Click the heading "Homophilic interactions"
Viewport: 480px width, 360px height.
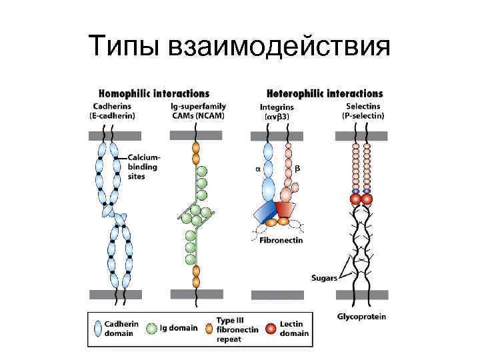pyautogui.click(x=155, y=94)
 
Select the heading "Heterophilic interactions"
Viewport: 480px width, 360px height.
pyautogui.click(x=325, y=94)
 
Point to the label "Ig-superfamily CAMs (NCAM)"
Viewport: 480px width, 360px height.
pyautogui.click(x=198, y=111)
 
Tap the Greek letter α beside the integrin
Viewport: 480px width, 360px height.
pyautogui.click(x=257, y=169)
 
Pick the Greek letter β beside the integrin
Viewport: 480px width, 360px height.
pyautogui.click(x=297, y=169)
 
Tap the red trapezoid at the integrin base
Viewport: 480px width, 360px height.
pyautogui.click(x=285, y=211)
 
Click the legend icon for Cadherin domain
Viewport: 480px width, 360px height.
pyautogui.click(x=98, y=329)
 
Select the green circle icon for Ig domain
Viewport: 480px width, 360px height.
pyautogui.click(x=151, y=329)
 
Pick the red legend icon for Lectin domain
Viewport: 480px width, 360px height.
pyautogui.click(x=270, y=329)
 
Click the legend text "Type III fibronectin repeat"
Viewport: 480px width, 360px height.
pyautogui.click(x=235, y=329)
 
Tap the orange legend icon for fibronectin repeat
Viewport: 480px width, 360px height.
pyautogui.click(x=209, y=329)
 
